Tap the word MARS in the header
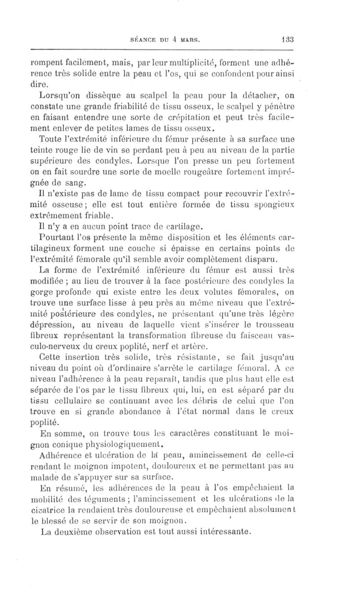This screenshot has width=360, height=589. [187, 40]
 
